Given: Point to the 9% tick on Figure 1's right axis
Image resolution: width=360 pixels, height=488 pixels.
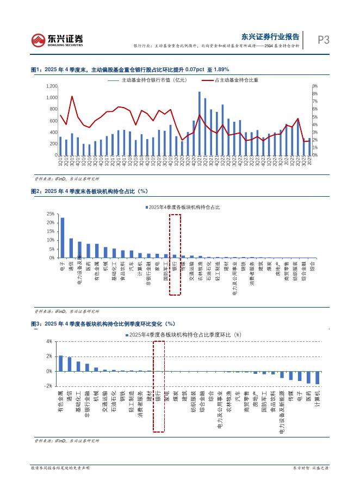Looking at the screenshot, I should click(315, 86).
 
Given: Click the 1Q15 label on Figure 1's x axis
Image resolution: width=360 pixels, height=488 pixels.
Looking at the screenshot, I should click(60, 161).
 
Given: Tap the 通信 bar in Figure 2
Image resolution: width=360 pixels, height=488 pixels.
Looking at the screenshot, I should click(71, 248).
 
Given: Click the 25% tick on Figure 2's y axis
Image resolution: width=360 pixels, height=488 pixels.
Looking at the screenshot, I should click(51, 214).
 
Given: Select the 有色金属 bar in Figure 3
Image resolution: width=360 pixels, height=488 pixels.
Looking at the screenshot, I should click(61, 364).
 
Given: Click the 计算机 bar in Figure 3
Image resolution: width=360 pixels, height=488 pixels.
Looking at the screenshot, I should click(318, 378).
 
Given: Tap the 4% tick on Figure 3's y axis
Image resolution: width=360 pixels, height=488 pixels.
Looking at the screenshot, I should click(49, 341).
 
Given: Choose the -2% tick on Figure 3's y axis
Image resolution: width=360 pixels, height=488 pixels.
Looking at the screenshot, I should click(48, 386).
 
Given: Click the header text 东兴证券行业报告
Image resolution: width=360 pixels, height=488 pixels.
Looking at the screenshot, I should click(270, 37).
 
